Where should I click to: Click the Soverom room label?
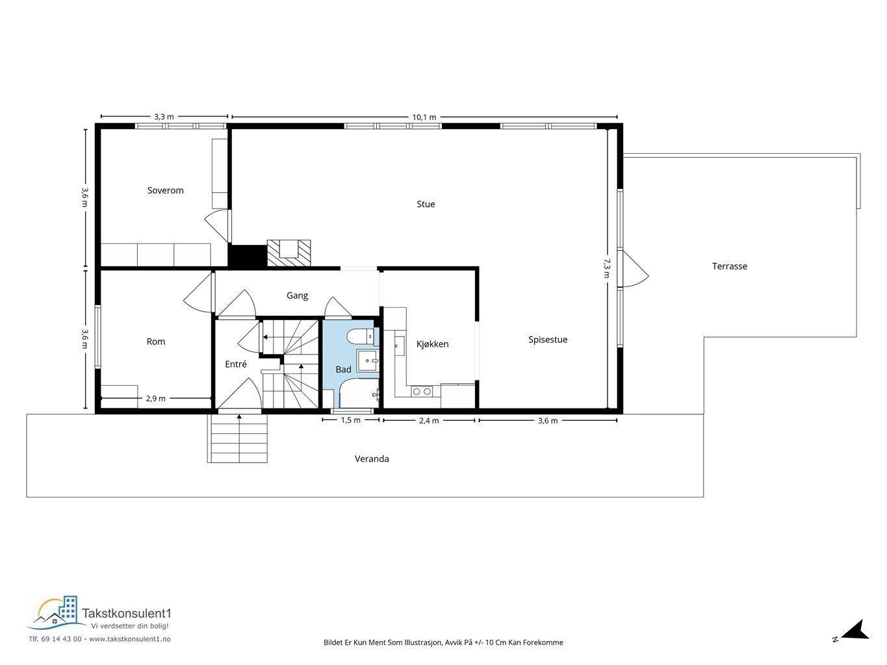(x=165, y=190)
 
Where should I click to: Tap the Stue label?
(x=426, y=204)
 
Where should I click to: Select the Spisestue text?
(x=548, y=340)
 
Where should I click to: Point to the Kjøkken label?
(x=432, y=344)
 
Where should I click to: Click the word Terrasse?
(x=729, y=266)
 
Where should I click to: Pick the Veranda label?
(x=372, y=458)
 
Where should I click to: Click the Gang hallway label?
(x=297, y=295)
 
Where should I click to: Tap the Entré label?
(x=236, y=364)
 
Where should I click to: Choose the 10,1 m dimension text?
(x=424, y=117)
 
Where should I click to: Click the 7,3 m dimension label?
(x=606, y=268)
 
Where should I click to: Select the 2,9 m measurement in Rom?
(x=155, y=399)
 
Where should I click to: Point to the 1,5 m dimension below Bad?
(x=350, y=420)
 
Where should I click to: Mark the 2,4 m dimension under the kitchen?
(x=429, y=421)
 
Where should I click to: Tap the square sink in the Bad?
(x=367, y=360)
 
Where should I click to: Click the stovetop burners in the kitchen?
(x=422, y=391)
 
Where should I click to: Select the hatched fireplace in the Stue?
(x=289, y=253)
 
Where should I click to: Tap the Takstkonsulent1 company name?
(x=127, y=613)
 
